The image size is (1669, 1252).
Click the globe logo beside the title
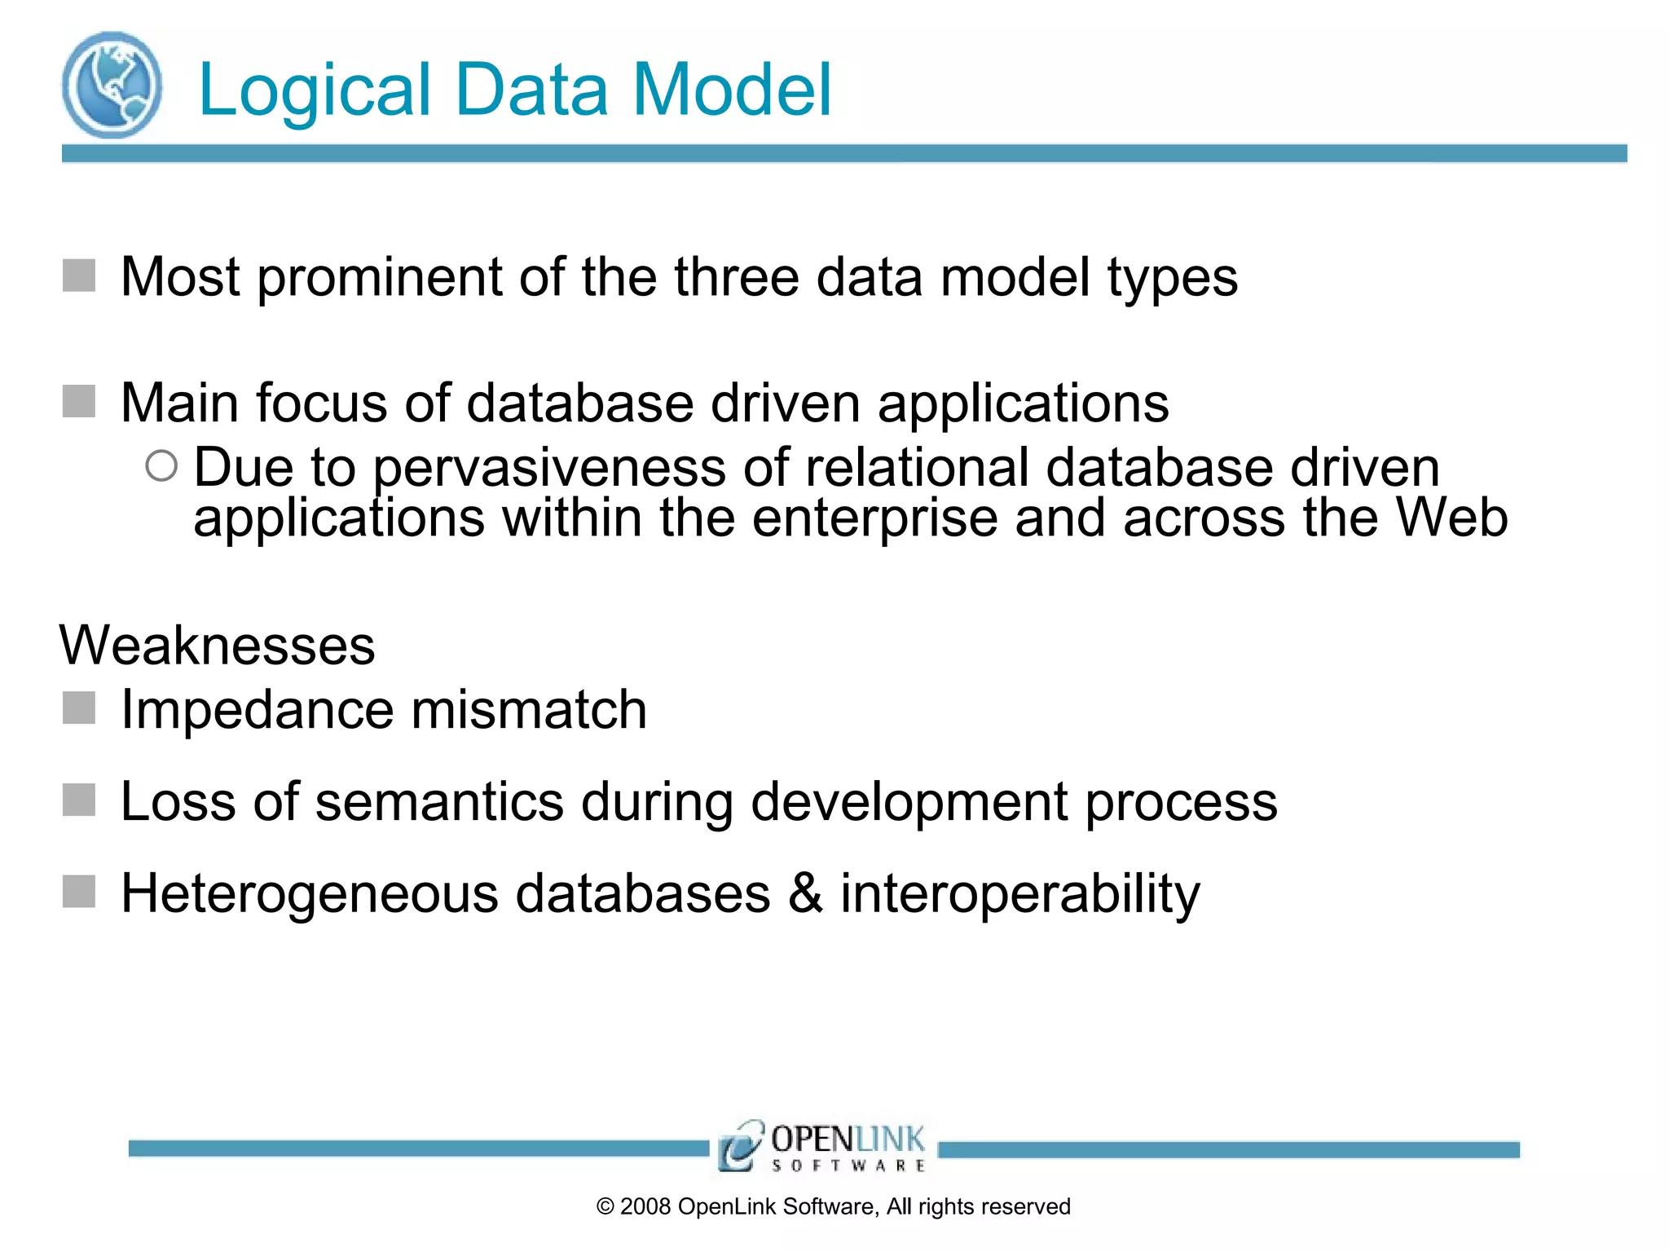(x=112, y=85)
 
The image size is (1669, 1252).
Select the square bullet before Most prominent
(x=79, y=276)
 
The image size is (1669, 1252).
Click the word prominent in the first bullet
(x=379, y=278)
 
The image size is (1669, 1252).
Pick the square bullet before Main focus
(x=79, y=401)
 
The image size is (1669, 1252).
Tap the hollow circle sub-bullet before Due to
(x=161, y=466)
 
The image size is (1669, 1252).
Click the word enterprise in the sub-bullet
(x=874, y=519)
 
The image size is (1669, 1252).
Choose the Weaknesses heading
(x=218, y=646)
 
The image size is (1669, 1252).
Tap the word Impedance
(x=258, y=709)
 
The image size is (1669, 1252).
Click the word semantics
(x=439, y=801)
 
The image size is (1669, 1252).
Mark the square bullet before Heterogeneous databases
(x=79, y=892)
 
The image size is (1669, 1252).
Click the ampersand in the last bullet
(x=805, y=893)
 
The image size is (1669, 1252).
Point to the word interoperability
(x=1019, y=894)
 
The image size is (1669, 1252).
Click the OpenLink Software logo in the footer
(x=821, y=1147)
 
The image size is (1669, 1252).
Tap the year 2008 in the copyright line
(x=645, y=1207)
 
